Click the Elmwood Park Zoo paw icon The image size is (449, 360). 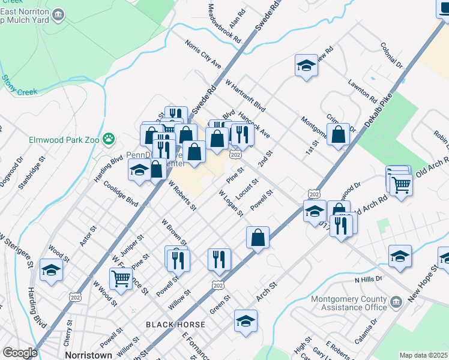pos(108,139)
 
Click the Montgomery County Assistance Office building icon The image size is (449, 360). pos(396,301)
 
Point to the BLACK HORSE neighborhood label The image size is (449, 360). pos(175,325)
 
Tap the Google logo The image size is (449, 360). pos(20,353)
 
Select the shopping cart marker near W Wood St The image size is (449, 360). pos(121,279)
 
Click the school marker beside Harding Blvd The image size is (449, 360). pos(51,270)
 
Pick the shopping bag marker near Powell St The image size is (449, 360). pos(258,238)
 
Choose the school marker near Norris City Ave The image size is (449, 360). pos(306,65)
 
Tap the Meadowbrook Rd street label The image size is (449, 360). pos(224,23)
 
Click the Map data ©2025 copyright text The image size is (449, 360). pos(424,355)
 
